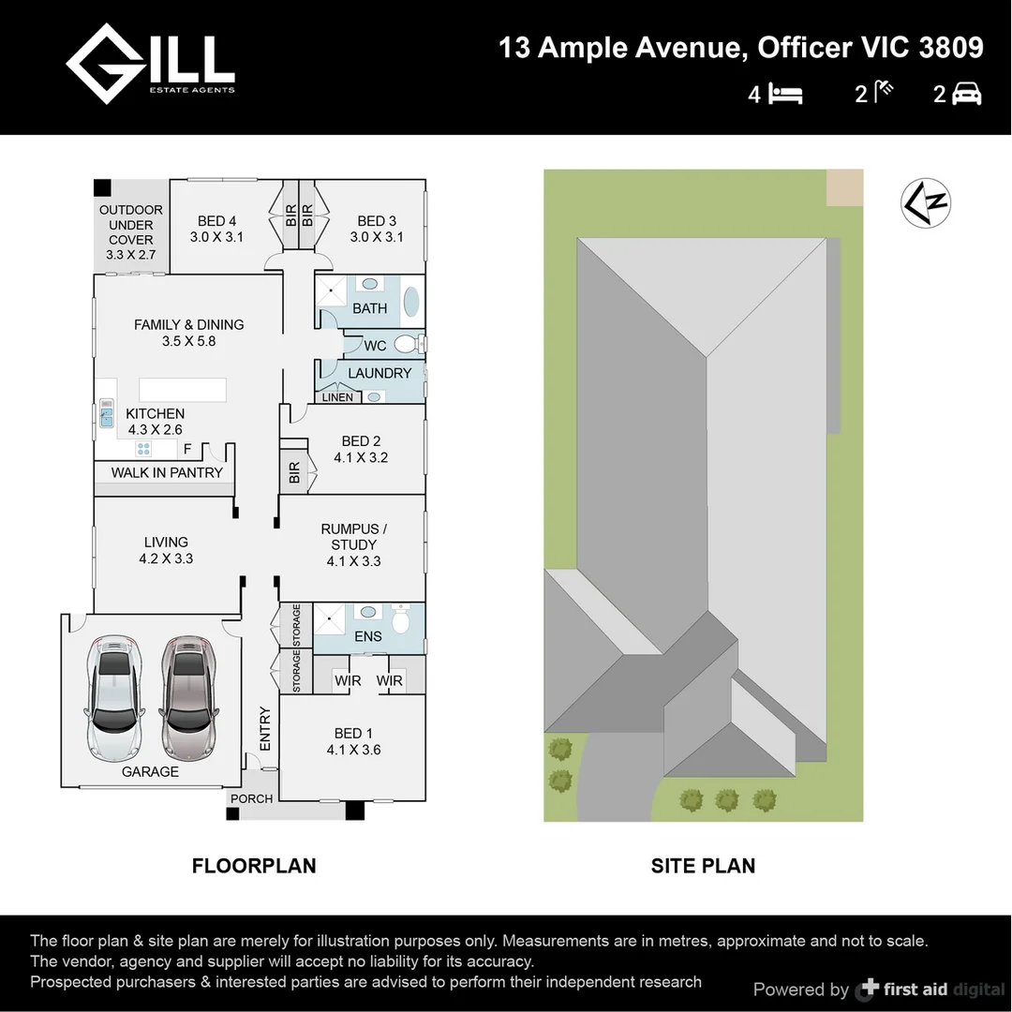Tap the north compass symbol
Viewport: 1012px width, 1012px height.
[x=926, y=203]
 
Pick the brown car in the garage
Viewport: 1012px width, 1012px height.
[x=187, y=697]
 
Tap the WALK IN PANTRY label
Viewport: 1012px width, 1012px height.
[x=167, y=472]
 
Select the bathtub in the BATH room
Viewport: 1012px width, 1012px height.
[x=411, y=302]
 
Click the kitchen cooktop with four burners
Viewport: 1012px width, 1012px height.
[x=143, y=449]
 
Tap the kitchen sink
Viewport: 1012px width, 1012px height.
[x=107, y=413]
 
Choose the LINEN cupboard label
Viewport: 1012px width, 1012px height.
[x=337, y=397]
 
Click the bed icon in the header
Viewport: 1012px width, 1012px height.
[x=786, y=95]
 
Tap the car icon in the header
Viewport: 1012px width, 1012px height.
[x=966, y=95]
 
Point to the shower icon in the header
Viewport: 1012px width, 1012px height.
[x=884, y=92]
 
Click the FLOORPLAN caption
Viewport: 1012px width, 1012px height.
[x=254, y=866]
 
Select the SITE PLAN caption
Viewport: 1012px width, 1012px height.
[x=703, y=866]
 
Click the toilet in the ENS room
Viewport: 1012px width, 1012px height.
[x=401, y=618]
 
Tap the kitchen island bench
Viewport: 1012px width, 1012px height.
[x=183, y=390]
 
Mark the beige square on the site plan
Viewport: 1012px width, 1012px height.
[x=845, y=187]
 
